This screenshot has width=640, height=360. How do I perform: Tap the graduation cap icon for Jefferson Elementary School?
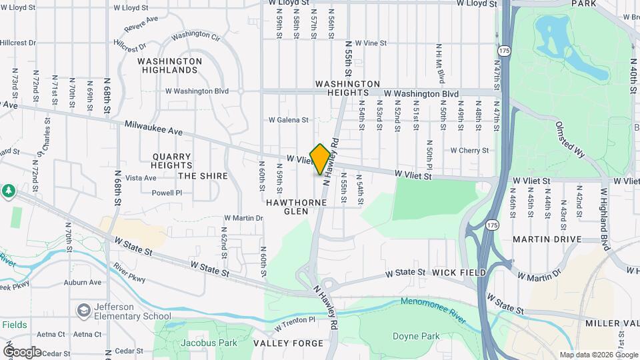[x=83, y=311]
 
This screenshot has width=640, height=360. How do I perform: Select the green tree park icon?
[x=8, y=191]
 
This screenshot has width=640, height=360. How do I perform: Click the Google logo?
[x=22, y=351]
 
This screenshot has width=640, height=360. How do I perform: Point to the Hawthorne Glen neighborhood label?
[x=297, y=206]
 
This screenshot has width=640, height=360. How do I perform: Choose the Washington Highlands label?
[x=169, y=65]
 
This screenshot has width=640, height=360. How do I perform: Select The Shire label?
[x=203, y=176]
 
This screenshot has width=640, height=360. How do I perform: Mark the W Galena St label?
[x=289, y=121]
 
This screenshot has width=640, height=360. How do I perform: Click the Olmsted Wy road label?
[x=571, y=139]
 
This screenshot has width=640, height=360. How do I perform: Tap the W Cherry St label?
[x=469, y=151]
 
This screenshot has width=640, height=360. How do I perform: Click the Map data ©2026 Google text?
[x=597, y=355]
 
